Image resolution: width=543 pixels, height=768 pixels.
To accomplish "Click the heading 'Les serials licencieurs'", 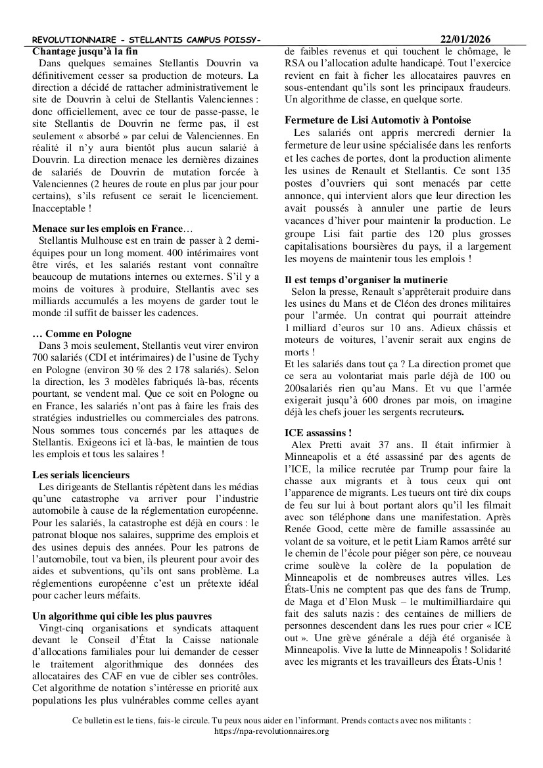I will click(x=81, y=474).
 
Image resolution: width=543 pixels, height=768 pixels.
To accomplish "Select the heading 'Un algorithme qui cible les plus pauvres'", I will click(x=122, y=616).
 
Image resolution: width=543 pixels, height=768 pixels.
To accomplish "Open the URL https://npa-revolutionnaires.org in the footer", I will click(x=271, y=731).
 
